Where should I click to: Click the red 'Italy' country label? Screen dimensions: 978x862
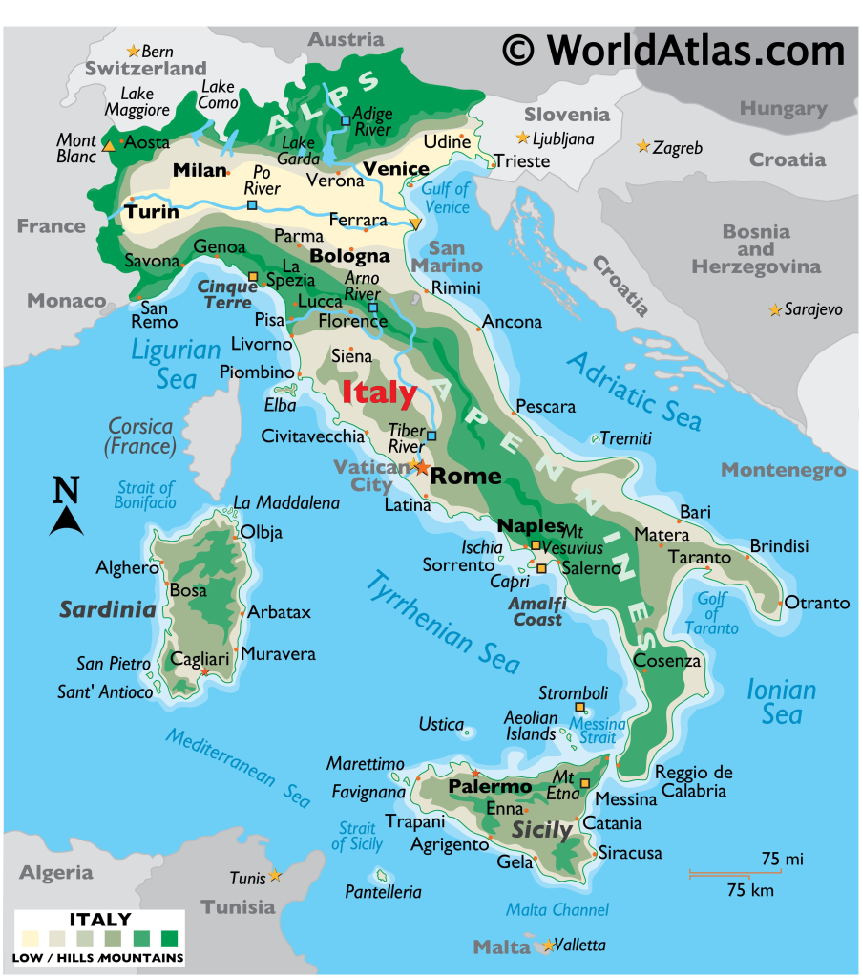379,393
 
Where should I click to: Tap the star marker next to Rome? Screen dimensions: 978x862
419,467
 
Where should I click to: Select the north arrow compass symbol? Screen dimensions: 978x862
65,507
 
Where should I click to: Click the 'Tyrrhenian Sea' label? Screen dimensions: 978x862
443,622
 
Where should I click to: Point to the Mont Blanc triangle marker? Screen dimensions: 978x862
109,146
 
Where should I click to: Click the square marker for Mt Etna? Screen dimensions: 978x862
584,783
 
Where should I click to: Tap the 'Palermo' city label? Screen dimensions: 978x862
490,787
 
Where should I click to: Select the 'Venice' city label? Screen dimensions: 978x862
396,169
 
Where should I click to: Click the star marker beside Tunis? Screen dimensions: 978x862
275,875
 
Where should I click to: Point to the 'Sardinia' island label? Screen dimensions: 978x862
107,609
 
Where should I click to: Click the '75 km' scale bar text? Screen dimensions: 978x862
750,891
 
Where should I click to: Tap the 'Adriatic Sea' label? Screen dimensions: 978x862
634,391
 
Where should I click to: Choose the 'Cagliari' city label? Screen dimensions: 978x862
200,658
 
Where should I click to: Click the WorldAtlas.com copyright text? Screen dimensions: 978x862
674,49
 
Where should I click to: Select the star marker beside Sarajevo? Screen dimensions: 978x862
774,310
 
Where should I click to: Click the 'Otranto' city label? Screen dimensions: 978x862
816,603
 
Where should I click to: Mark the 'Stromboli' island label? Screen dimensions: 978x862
573,692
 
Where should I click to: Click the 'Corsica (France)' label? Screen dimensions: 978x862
141,436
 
